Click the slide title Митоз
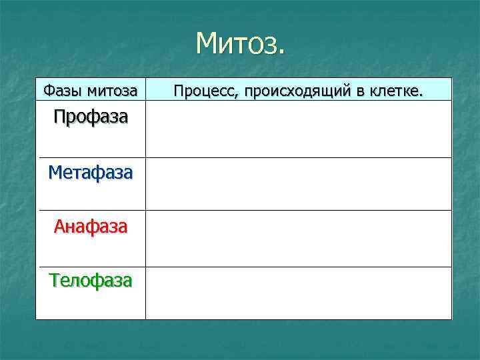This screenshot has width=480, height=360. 240,44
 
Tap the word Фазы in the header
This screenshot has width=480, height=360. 59,90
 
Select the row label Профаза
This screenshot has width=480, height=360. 91,117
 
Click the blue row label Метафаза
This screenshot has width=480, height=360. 91,173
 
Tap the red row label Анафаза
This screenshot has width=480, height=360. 91,227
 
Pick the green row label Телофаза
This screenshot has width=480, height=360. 91,281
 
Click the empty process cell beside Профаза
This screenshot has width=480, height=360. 298,129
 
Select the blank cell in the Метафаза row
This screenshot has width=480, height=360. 298,184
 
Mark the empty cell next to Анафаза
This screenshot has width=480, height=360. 298,239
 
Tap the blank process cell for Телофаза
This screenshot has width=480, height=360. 298,293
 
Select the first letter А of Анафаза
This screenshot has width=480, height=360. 60,227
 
